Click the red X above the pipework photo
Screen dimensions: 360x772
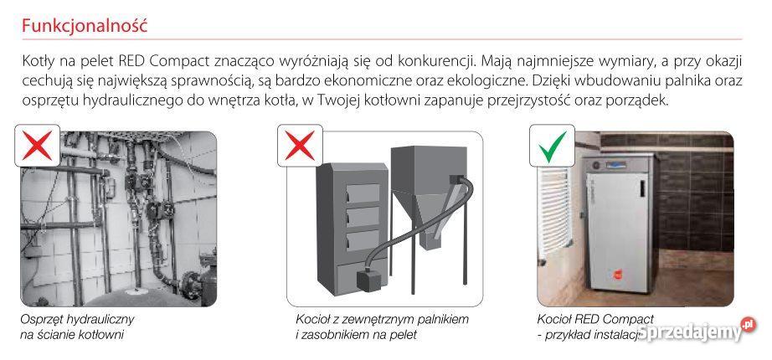coord(39,146)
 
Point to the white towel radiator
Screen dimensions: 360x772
coord(555,209)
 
